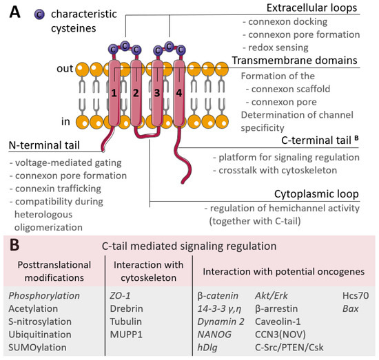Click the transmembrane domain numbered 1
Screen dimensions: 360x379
point(114,92)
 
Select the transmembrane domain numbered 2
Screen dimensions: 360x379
point(136,92)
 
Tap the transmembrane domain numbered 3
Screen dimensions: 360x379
point(158,92)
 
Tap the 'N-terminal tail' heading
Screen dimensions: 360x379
point(43,145)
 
